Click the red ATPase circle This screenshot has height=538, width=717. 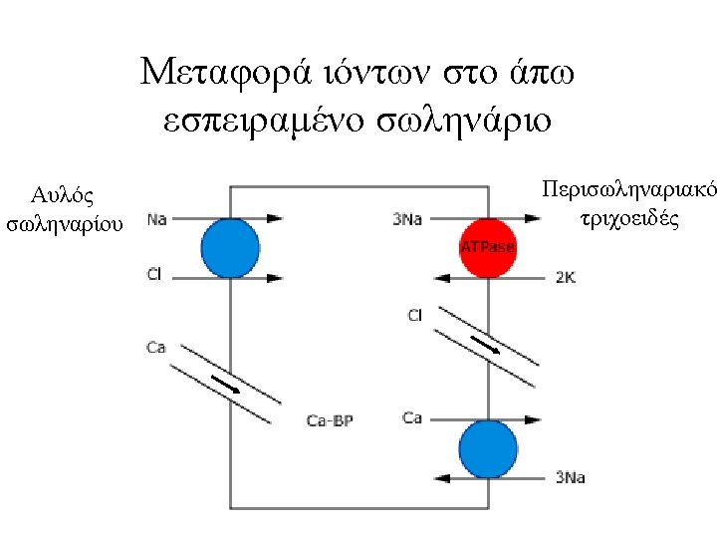click(x=487, y=247)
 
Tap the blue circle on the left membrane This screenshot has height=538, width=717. click(x=230, y=248)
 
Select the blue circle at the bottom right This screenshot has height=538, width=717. click(x=488, y=449)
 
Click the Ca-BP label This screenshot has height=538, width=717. click(x=330, y=421)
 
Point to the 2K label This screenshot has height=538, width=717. click(x=565, y=278)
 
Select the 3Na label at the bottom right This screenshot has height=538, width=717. click(x=570, y=478)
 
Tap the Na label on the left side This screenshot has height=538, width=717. click(x=156, y=219)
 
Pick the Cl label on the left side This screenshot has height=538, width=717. click(x=154, y=273)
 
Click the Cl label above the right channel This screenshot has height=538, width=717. click(x=414, y=316)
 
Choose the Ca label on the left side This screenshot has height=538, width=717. click(x=155, y=347)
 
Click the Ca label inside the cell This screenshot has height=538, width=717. click(x=412, y=417)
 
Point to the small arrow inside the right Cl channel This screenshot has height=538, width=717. click(x=487, y=345)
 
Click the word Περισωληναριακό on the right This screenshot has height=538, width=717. click(x=627, y=188)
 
